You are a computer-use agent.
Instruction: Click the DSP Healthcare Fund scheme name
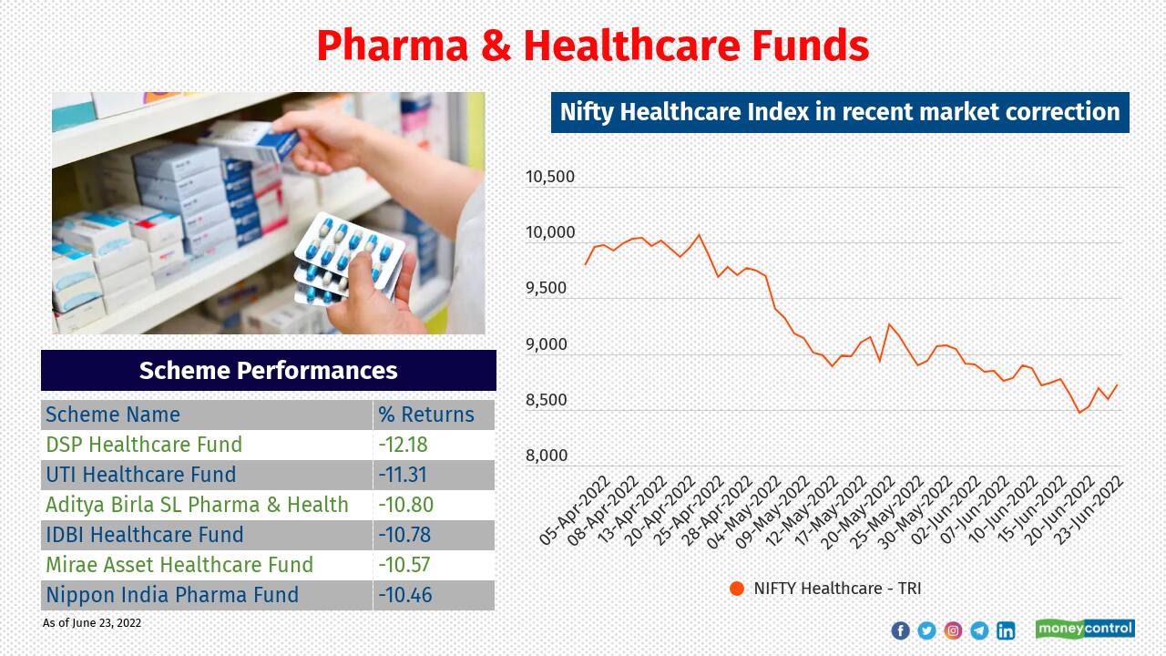[144, 445]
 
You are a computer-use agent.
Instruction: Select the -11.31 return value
[404, 475]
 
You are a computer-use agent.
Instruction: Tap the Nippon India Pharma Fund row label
[172, 595]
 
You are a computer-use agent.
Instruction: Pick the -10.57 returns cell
[404, 565]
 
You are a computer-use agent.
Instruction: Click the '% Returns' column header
[426, 415]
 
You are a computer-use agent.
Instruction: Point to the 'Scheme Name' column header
[113, 415]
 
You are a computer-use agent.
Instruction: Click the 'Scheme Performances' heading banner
[269, 371]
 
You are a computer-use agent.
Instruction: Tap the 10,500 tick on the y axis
[550, 177]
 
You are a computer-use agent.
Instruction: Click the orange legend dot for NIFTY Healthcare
[737, 589]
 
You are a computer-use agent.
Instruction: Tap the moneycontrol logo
[1085, 629]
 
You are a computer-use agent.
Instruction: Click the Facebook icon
[900, 630]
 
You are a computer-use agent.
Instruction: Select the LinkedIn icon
[1006, 630]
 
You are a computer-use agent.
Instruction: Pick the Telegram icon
[979, 630]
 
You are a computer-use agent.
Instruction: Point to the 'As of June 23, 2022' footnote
[92, 623]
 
